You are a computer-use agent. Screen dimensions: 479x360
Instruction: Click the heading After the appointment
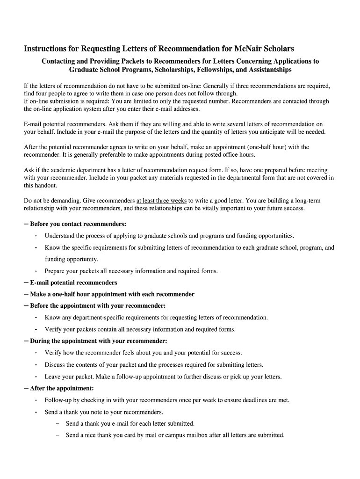pos(62,388)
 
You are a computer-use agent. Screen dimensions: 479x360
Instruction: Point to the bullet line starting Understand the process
pos(169,236)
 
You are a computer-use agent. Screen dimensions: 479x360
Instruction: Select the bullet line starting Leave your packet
pos(163,377)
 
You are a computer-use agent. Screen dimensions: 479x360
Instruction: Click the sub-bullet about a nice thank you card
pos(175,435)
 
